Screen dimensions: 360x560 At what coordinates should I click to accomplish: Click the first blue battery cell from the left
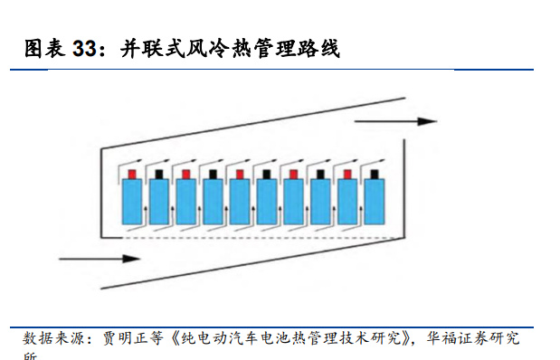click(131, 201)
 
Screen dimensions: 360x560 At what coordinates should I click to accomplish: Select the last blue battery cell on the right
click(373, 201)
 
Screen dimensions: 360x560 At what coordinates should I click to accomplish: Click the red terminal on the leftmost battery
click(131, 173)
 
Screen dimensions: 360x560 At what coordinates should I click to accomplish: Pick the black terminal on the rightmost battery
click(373, 173)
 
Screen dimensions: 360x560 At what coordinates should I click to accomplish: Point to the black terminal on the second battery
click(158, 173)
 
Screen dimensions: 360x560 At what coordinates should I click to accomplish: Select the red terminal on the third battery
click(185, 173)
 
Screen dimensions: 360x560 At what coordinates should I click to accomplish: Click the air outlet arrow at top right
click(394, 121)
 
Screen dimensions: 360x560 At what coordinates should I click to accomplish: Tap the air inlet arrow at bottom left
click(100, 259)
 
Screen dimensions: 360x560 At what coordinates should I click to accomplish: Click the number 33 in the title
click(84, 49)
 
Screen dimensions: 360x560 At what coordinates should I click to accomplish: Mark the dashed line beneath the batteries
click(253, 238)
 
